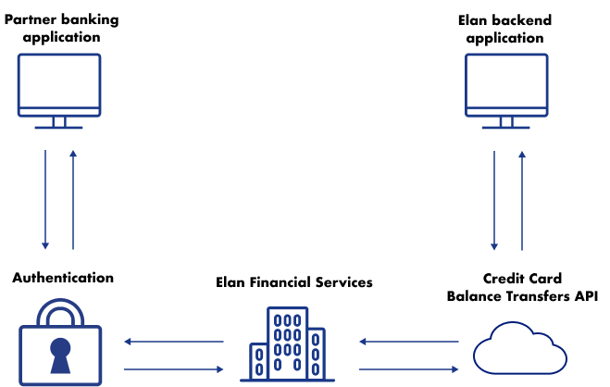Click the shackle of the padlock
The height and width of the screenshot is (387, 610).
click(60, 312)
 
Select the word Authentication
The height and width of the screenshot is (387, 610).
click(63, 278)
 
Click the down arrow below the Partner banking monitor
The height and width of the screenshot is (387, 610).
click(45, 200)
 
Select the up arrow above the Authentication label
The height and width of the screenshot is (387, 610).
click(73, 200)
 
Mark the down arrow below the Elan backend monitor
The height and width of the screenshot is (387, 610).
click(494, 200)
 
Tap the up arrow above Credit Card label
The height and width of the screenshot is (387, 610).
click(522, 200)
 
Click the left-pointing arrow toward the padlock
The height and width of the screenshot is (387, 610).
click(174, 342)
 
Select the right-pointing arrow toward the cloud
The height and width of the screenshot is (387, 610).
click(409, 369)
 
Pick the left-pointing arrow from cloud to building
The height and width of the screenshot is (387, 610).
click(409, 342)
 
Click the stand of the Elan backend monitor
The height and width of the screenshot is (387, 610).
click(506, 122)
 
